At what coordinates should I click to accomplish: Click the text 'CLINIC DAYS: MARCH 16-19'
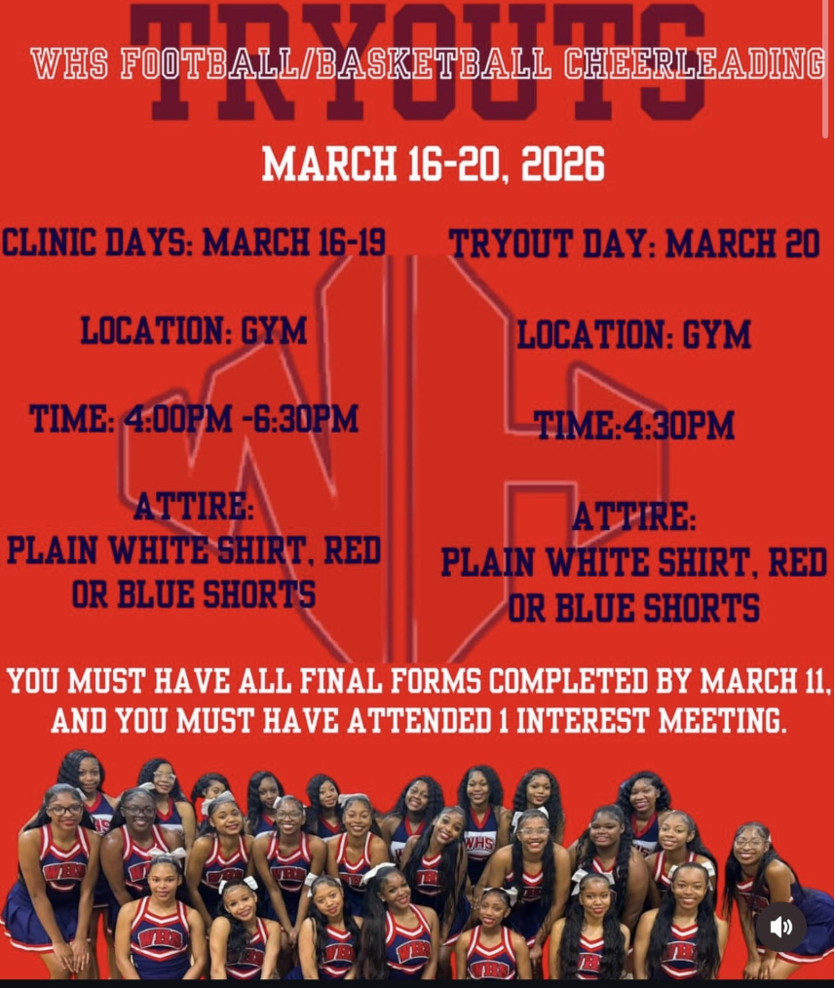click(195, 242)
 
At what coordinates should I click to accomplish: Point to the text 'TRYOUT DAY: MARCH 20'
click(634, 244)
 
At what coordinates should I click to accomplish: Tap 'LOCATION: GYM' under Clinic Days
click(194, 331)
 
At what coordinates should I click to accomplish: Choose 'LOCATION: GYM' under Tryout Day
click(633, 335)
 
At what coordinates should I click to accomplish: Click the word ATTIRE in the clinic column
click(194, 507)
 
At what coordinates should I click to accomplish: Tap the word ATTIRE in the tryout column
click(634, 517)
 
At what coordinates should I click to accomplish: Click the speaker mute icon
click(781, 927)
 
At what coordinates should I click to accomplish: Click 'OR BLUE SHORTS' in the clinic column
click(194, 594)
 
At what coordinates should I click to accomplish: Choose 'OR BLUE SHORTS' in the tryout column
click(634, 609)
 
